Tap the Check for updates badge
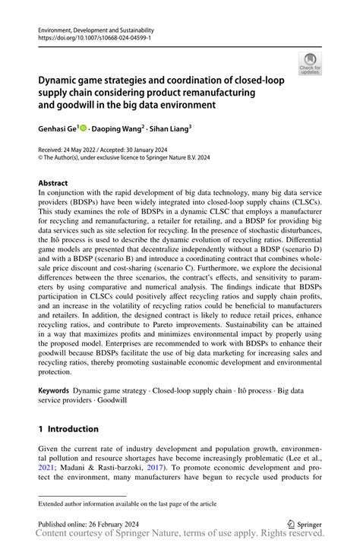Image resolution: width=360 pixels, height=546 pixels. point(309,64)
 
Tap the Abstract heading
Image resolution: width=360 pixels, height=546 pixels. point(53,183)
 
